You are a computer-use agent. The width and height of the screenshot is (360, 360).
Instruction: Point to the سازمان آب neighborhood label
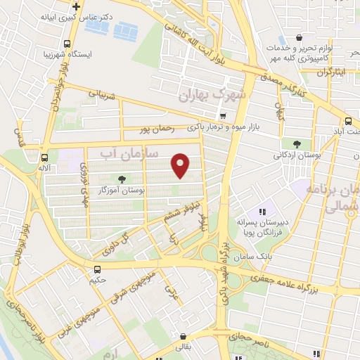[129, 151]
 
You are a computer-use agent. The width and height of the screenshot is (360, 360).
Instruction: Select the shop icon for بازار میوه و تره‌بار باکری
[223, 116]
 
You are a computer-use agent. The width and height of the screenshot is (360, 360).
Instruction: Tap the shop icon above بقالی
[184, 336]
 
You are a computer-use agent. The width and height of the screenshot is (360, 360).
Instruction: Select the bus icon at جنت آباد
[349, 120]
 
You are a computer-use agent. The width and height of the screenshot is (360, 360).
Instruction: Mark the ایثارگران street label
[331, 71]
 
